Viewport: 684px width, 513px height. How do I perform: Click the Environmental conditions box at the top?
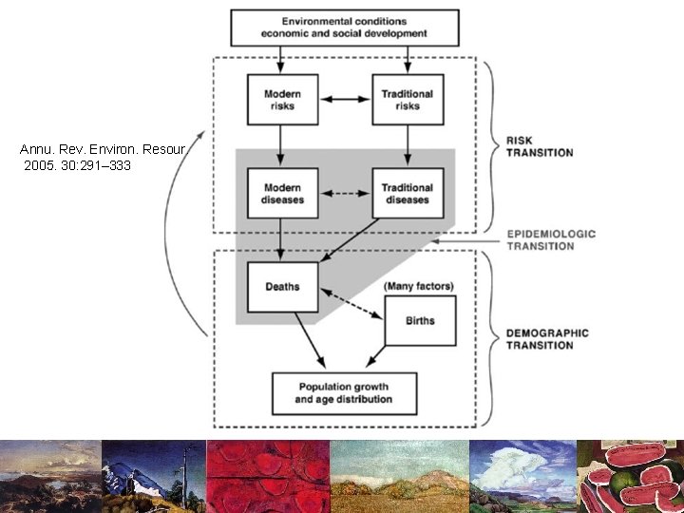coord(345,28)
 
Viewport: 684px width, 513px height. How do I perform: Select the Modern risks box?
coord(281,100)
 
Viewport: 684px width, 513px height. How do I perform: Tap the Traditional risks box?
coord(407,100)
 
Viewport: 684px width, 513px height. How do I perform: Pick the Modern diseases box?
coord(281,194)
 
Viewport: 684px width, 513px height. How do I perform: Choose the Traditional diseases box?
coord(407,194)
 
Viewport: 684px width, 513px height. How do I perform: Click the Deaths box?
coord(281,287)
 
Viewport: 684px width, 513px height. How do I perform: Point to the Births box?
coord(419,320)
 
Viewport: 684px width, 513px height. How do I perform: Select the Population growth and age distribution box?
coord(344,393)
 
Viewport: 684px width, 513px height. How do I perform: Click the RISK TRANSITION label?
coord(539,146)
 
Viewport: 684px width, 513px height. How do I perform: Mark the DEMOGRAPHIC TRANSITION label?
coord(546,339)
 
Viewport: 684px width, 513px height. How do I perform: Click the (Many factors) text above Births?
coord(418,286)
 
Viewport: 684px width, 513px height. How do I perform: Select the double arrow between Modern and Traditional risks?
coord(344,99)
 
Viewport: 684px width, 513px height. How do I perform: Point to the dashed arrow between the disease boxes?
coord(344,194)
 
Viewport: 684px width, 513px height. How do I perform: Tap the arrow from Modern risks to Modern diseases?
coord(281,145)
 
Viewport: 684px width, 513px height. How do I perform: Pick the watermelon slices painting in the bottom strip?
coord(631,476)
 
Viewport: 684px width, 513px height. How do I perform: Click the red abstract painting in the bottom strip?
coord(268,476)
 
